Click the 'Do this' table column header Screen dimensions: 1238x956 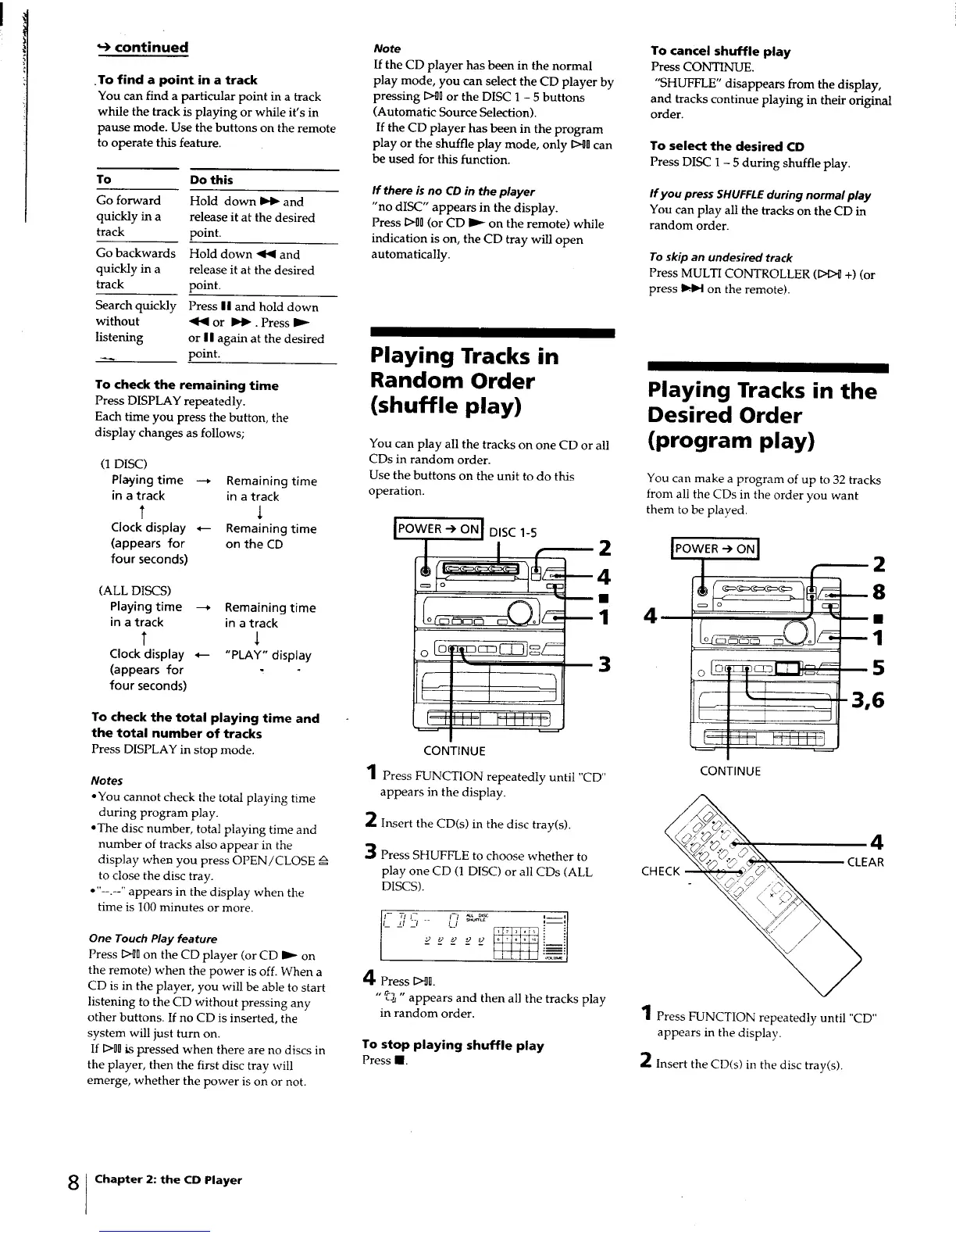[211, 180]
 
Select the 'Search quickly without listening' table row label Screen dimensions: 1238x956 [135, 321]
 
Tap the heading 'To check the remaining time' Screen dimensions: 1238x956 [186, 385]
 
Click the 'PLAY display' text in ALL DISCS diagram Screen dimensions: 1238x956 [268, 655]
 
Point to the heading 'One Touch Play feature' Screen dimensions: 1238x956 [153, 939]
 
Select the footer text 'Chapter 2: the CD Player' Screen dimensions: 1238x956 [168, 1180]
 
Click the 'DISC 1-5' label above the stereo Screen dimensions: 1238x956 [512, 533]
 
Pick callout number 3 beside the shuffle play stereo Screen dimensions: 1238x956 [604, 664]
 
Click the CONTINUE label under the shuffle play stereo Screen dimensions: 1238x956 [454, 751]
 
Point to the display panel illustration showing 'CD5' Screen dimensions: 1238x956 [473, 936]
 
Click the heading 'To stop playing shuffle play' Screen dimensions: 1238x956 [453, 1046]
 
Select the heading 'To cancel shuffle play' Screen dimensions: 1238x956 [720, 52]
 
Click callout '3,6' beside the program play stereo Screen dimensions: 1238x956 [868, 700]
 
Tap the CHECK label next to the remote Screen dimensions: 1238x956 [660, 871]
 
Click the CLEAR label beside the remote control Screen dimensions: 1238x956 [865, 862]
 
